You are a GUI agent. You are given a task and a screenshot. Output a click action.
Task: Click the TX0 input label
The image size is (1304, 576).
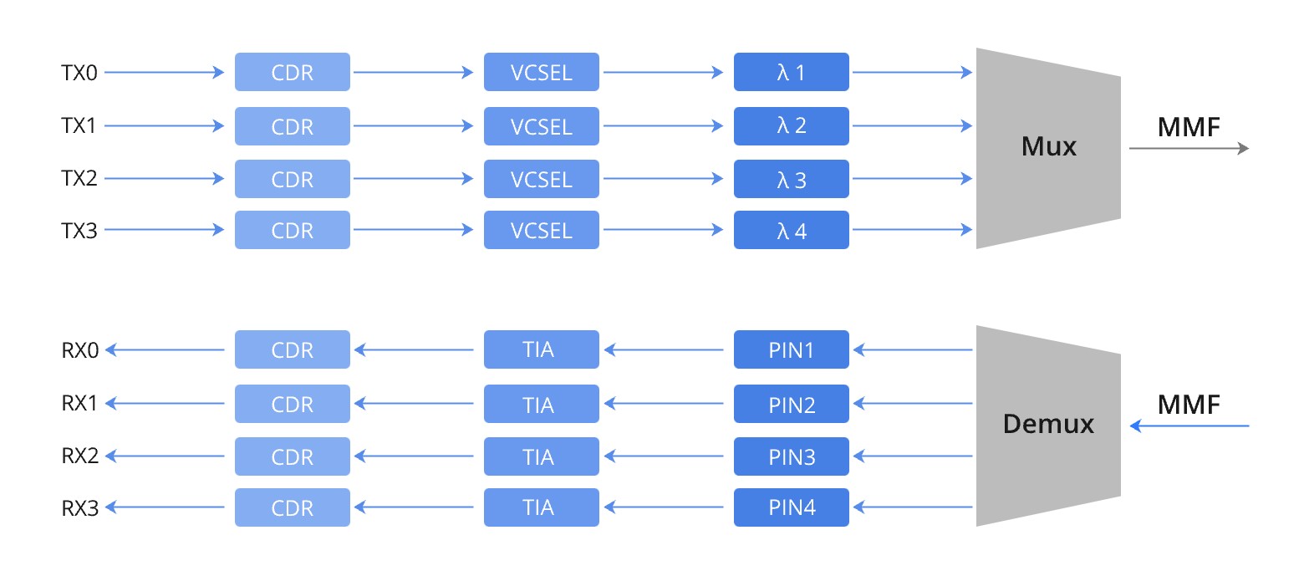coord(79,73)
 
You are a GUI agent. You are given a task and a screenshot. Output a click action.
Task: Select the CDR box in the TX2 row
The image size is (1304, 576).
coord(292,180)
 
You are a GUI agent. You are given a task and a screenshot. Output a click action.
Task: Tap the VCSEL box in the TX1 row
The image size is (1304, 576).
coord(541,126)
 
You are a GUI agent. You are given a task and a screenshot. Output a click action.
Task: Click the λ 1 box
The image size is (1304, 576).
coord(791,73)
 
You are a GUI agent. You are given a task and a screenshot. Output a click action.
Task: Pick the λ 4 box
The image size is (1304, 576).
coord(791,230)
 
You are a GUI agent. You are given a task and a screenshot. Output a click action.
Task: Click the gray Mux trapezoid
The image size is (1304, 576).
coord(1047,148)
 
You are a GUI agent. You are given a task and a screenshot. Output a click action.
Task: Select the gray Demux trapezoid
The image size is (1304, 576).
coord(1047,425)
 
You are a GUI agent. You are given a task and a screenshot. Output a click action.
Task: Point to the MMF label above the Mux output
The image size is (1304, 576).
coord(1189,127)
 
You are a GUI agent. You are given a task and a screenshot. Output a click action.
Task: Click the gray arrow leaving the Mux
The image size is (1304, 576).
coord(1188,149)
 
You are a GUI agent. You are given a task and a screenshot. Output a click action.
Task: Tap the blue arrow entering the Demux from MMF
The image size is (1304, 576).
coord(1188,426)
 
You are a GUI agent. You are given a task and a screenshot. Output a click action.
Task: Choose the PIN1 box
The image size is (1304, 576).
coord(791,349)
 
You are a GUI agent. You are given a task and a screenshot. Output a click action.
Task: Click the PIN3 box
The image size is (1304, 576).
coord(791,456)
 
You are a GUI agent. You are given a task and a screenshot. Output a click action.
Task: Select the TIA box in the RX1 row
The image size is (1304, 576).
coord(541,404)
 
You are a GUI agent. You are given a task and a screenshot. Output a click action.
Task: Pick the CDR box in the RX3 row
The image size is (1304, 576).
coord(292,507)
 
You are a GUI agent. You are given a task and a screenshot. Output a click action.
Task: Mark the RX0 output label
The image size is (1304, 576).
coord(80,350)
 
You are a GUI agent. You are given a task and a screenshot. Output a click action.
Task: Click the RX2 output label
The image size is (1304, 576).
coord(80,456)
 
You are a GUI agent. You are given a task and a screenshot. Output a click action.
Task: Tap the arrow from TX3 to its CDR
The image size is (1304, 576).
coord(165,230)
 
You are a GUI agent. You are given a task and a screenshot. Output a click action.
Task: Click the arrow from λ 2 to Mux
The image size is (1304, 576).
coord(912,126)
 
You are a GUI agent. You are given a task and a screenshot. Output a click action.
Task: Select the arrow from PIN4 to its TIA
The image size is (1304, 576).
coord(664,507)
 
